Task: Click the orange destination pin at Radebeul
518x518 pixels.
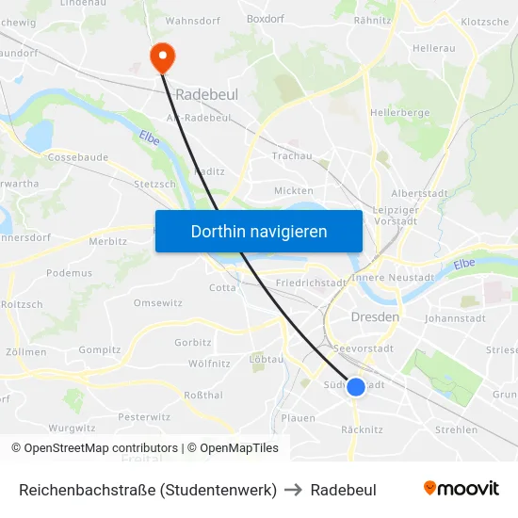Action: point(163,57)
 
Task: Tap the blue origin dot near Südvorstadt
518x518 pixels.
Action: point(356,386)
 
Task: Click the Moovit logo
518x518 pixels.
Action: point(461,489)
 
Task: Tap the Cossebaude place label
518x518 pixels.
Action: point(77,157)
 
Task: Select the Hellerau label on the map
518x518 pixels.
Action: point(434,46)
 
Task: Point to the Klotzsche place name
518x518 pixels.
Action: point(486,22)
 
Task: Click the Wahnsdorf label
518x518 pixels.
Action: point(192,20)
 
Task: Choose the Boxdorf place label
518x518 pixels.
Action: point(265,18)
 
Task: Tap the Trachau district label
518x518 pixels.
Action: point(292,155)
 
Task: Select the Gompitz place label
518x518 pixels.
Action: point(100,349)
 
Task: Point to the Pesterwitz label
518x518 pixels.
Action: point(144,416)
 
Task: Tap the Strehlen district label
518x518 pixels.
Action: point(457,429)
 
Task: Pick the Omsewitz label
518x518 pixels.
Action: point(158,302)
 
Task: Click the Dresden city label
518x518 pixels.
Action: point(375,317)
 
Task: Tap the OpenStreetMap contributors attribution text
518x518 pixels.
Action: point(94,448)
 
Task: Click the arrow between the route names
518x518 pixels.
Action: point(294,490)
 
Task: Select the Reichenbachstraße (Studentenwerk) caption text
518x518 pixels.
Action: point(148,490)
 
